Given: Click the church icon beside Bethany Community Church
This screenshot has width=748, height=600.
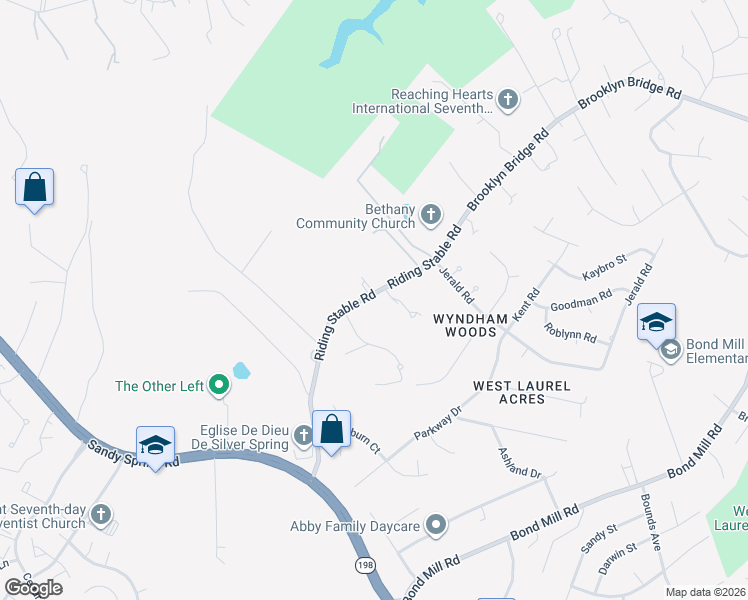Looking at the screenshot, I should [431, 213].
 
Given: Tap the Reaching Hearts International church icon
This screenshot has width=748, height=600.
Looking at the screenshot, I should [508, 99].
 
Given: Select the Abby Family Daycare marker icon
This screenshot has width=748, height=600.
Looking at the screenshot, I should [436, 524].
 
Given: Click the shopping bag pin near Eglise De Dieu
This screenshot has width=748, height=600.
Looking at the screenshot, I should [332, 430].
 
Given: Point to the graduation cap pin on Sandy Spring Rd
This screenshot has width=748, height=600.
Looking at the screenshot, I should [155, 445].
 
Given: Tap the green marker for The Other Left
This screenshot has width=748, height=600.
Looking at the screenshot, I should [219, 385].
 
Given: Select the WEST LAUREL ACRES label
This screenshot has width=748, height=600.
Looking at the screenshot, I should [522, 392].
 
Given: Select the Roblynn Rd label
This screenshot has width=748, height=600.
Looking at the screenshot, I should [570, 331].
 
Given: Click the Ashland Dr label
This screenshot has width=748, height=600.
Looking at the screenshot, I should [520, 460].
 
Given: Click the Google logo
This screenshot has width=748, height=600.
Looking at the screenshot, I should [33, 588].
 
